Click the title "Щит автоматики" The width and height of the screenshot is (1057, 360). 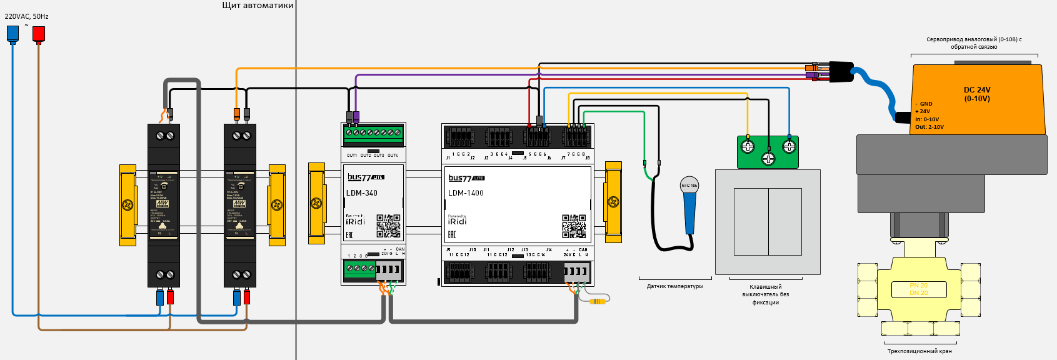tap(258, 6)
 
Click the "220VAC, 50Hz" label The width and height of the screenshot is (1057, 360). tap(26, 16)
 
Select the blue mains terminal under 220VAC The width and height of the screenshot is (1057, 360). tap(13, 34)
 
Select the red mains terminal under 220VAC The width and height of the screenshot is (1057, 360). tap(38, 34)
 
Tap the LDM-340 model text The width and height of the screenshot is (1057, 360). tap(362, 193)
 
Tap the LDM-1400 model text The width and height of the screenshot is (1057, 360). tap(466, 193)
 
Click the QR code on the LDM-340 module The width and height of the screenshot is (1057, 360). tap(388, 226)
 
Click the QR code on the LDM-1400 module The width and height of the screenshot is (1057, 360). tap(574, 226)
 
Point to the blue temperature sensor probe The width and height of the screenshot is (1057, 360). tap(689, 209)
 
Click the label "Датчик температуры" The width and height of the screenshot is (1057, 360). tap(674, 286)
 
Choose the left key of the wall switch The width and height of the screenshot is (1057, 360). tap(751, 222)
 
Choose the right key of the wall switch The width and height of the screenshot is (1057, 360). tap(785, 222)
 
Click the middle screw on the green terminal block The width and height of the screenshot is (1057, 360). tap(768, 159)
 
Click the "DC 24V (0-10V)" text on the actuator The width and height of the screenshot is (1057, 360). tap(976, 94)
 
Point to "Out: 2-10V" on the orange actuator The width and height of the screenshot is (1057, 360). tap(929, 127)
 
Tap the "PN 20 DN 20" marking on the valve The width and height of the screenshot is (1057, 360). tap(918, 289)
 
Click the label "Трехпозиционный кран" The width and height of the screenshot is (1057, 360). tap(919, 351)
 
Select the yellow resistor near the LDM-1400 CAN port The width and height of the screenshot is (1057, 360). tap(598, 301)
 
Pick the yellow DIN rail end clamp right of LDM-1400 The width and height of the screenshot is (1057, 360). tap(613, 202)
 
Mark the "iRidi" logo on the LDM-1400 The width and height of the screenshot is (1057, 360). tap(457, 221)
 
